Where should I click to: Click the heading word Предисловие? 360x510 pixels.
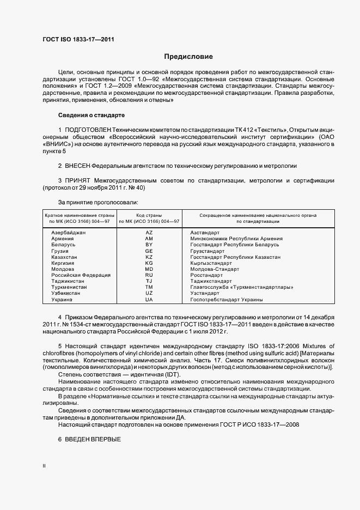pyautogui.click(x=188, y=57)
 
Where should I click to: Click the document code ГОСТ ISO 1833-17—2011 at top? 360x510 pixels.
pyautogui.click(x=78, y=39)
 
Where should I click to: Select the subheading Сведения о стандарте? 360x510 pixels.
pyautogui.click(x=91, y=115)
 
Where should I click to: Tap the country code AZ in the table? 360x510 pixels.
pyautogui.click(x=149, y=233)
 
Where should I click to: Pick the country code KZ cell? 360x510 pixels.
pyautogui.click(x=149, y=257)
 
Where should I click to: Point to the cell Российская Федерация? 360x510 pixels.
pyautogui.click(x=81, y=275)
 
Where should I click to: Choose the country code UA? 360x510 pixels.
pyautogui.click(x=149, y=299)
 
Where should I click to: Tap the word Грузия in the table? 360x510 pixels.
pyautogui.click(x=60, y=251)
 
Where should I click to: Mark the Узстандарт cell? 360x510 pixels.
pyautogui.click(x=204, y=293)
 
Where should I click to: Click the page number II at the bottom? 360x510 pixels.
pyautogui.click(x=44, y=466)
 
